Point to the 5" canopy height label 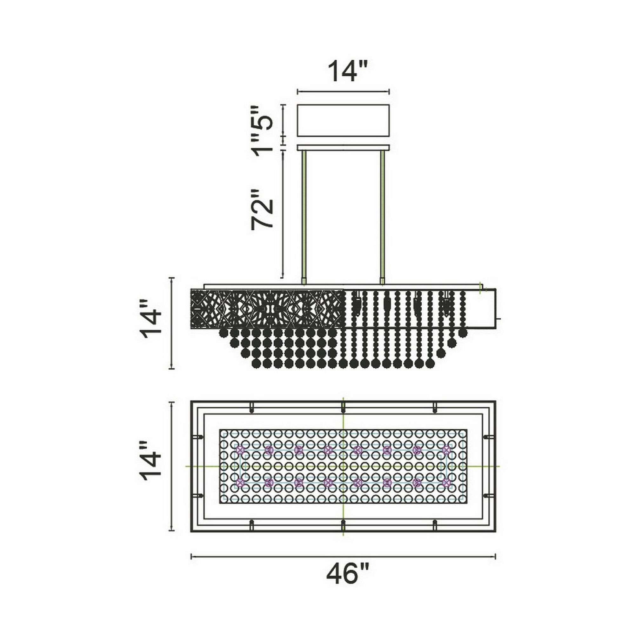pyautogui.click(x=262, y=118)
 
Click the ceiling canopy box pyautogui.click(x=343, y=120)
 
